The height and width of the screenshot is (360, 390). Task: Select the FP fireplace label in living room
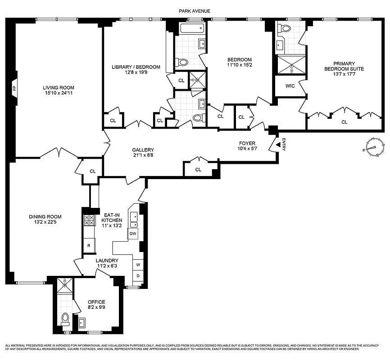(x=14, y=88)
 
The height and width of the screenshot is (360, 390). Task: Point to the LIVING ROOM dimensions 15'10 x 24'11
(x=59, y=93)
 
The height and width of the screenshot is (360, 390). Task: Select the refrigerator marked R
(x=89, y=246)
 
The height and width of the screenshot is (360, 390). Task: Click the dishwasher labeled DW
(x=133, y=234)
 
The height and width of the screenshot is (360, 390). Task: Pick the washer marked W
(x=138, y=265)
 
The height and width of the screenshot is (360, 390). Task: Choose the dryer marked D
(x=138, y=275)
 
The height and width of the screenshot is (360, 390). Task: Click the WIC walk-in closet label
(x=290, y=86)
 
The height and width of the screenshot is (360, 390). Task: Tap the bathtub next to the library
(x=192, y=30)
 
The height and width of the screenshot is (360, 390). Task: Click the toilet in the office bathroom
(x=65, y=319)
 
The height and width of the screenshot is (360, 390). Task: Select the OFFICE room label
(x=96, y=302)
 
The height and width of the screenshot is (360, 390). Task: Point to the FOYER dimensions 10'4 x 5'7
(x=247, y=149)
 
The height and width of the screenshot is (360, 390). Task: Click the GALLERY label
(x=143, y=150)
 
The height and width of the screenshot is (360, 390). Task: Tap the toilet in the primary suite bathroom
(x=286, y=28)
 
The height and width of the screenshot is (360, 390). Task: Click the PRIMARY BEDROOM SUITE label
(x=344, y=66)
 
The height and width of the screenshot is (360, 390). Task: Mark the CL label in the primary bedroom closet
(x=345, y=121)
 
